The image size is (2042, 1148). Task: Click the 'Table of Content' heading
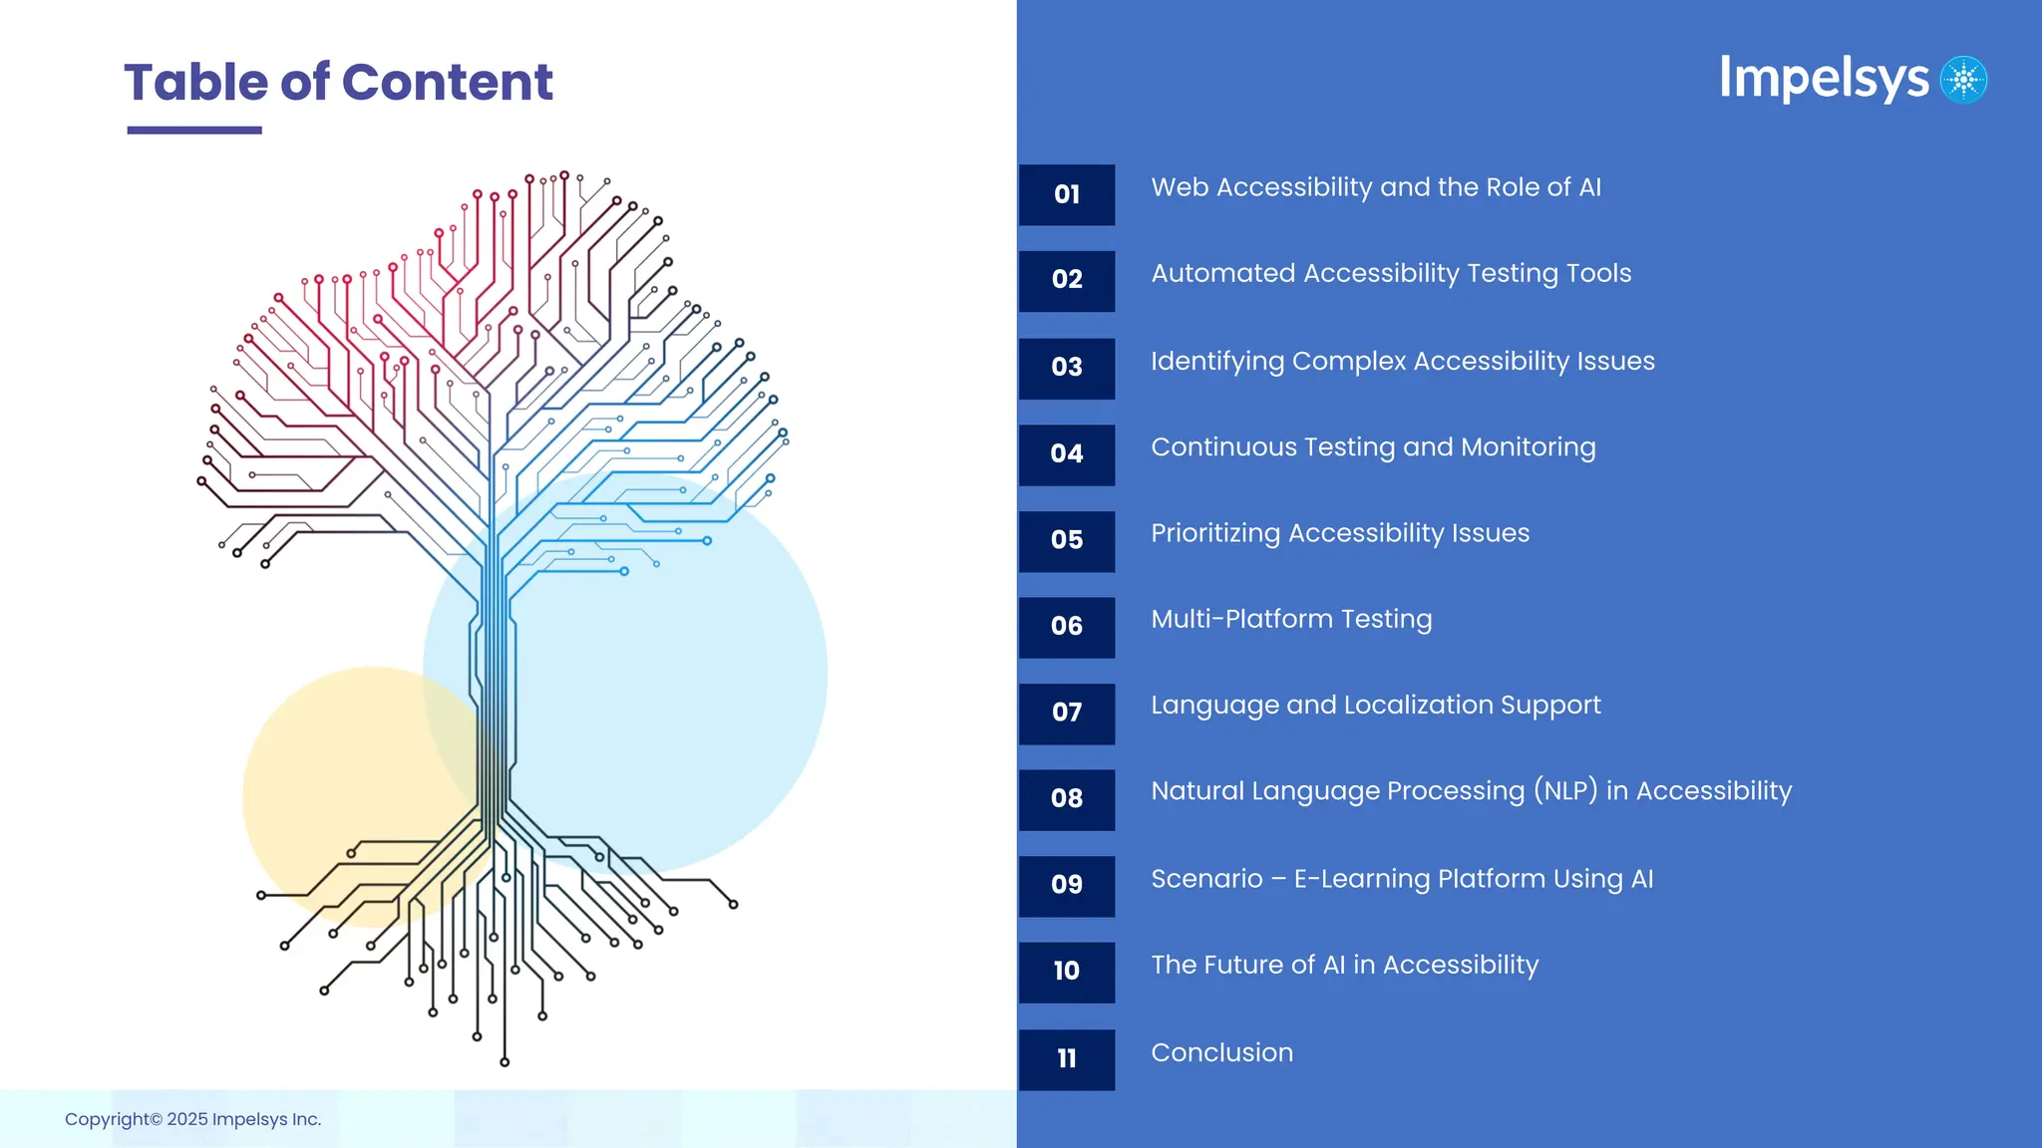[x=338, y=82]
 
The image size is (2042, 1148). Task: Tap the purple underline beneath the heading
[x=194, y=130]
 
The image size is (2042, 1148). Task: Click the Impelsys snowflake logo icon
[x=1963, y=80]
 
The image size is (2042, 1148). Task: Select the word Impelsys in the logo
[x=1824, y=79]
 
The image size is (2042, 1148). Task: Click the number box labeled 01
[x=1067, y=194]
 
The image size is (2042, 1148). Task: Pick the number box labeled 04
[x=1067, y=454]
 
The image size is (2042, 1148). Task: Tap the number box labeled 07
[x=1067, y=714]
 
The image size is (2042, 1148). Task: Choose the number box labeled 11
[x=1067, y=1059]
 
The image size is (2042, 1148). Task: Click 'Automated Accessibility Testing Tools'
[x=1391, y=273]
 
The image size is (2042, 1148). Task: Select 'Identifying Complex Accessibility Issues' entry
[x=1402, y=361]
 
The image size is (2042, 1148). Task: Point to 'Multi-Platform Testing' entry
[x=1291, y=619]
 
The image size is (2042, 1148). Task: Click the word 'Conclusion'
[x=1221, y=1052]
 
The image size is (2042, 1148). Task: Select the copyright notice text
[x=192, y=1119]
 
